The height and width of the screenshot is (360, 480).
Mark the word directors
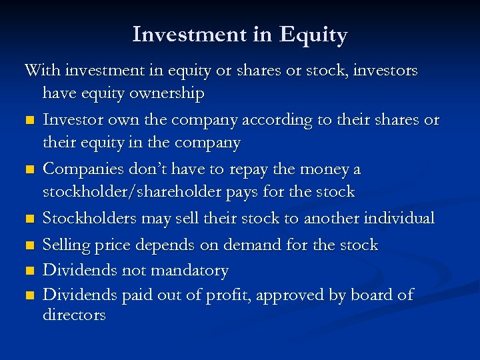[74, 315]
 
